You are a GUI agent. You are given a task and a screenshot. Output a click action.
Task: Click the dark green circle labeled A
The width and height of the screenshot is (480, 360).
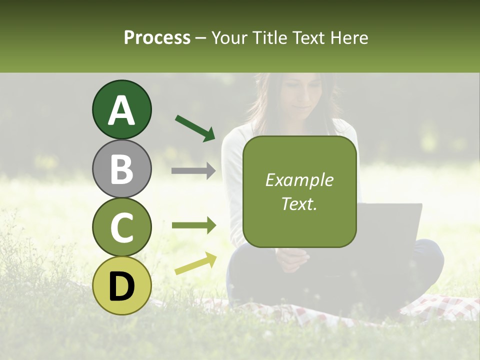pos(122,110)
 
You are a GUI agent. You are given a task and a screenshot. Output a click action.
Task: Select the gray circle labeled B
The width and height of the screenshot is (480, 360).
pos(122,168)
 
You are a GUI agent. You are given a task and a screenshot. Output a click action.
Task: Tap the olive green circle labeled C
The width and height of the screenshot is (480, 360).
pos(122,227)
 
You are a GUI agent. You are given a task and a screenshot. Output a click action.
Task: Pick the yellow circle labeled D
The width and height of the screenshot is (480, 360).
pos(122,285)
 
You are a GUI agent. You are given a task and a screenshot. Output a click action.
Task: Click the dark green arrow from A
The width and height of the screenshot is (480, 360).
pos(195,128)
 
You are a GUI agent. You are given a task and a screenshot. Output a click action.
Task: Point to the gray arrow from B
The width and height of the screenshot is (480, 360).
pos(193,171)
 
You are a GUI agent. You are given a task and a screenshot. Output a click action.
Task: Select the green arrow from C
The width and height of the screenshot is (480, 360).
pos(194,225)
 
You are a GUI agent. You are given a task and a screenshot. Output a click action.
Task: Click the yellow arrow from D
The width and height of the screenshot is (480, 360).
pos(195,263)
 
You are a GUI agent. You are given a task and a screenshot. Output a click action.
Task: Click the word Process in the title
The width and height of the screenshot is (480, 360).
pos(157,37)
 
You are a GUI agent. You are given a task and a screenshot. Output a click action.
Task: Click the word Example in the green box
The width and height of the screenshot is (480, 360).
pos(299,180)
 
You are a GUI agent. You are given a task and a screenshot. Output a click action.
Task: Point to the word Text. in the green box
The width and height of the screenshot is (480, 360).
pos(299,203)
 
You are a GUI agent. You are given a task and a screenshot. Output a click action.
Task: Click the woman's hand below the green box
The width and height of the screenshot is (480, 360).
pos(293,260)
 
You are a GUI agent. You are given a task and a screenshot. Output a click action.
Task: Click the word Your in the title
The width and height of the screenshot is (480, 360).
pos(228,37)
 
